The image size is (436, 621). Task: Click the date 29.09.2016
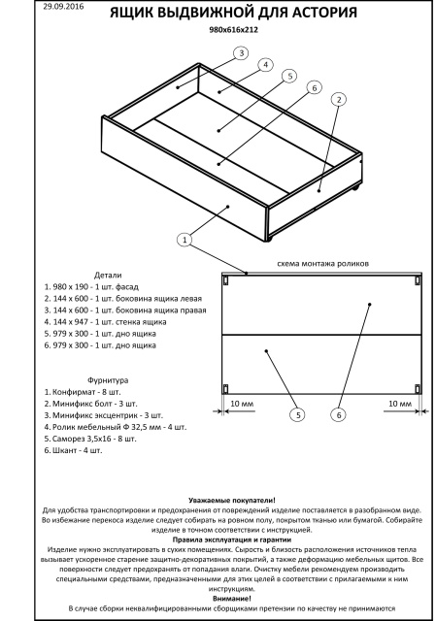63,7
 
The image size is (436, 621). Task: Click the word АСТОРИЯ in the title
325,13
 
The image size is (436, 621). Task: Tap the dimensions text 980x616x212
233,30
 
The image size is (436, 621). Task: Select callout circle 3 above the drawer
241,53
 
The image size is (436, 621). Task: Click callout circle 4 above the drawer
265,65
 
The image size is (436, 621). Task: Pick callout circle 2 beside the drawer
339,99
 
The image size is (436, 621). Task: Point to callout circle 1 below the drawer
184,240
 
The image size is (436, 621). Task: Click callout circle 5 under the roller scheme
298,414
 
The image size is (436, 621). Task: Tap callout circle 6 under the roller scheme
339,414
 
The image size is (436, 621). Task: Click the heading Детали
108,275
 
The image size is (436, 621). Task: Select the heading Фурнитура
108,380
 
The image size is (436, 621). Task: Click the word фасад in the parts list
127,287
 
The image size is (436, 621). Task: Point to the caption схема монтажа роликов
322,263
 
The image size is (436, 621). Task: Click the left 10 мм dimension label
242,404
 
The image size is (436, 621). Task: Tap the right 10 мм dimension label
400,404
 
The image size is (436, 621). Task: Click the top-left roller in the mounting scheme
225,280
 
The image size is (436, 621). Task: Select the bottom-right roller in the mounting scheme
418,388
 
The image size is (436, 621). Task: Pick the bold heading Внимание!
232,599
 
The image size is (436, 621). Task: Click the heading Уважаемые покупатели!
232,501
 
